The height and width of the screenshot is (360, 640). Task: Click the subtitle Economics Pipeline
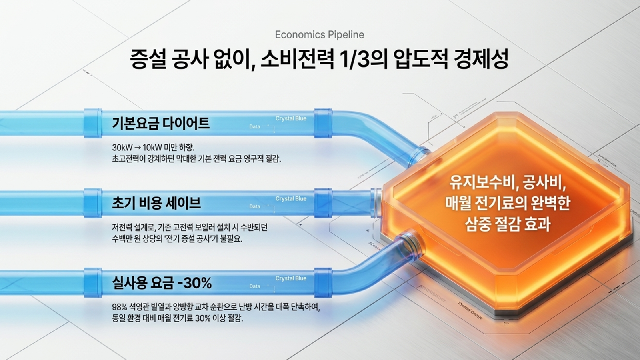(x=319, y=35)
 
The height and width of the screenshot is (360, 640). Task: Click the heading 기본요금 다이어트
(x=161, y=123)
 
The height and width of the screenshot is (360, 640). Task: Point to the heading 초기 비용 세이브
(x=156, y=203)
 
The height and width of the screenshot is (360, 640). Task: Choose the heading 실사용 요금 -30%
(x=162, y=283)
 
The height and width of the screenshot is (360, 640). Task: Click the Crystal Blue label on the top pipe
(x=291, y=118)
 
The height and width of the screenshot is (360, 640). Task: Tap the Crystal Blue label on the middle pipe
(x=291, y=198)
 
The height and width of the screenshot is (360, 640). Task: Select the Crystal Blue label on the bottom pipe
(x=291, y=278)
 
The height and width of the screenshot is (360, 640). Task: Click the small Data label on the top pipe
(x=255, y=127)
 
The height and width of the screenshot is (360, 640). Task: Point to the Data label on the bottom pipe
(x=255, y=286)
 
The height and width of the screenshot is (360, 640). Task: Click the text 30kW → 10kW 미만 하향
(x=153, y=147)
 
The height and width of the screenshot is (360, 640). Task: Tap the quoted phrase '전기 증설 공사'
(x=192, y=239)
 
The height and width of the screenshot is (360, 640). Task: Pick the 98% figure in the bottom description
(x=119, y=307)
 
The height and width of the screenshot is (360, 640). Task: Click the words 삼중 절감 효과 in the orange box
(x=508, y=224)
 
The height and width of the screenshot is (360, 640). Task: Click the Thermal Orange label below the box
(x=470, y=310)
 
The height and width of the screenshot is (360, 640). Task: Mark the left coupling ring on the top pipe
(x=93, y=123)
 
